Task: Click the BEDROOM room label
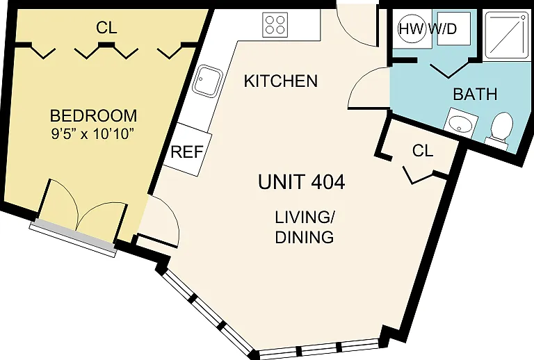(x=94, y=115)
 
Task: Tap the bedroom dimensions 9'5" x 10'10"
(x=91, y=133)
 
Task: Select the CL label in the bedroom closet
(x=106, y=28)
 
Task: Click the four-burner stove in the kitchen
(x=275, y=24)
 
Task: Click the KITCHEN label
(x=281, y=81)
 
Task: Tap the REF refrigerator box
(x=187, y=149)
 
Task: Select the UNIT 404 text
(x=301, y=182)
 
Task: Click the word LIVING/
(x=305, y=218)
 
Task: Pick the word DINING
(x=304, y=237)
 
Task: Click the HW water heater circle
(x=412, y=29)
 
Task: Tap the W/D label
(x=443, y=29)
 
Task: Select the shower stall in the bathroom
(x=506, y=35)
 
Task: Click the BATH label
(x=475, y=94)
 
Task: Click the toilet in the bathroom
(x=501, y=129)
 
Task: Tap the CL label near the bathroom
(x=423, y=150)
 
